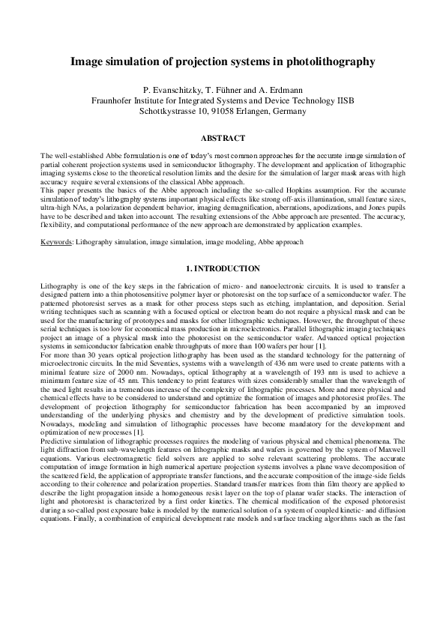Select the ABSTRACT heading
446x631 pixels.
tap(223, 138)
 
